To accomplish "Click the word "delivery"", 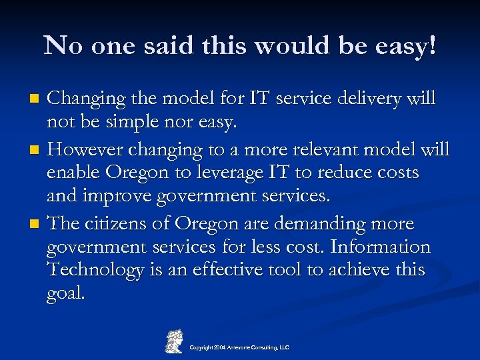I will coord(374,99).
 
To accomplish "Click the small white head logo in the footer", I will coord(174,341).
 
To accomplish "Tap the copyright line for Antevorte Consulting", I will coord(239,348).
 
